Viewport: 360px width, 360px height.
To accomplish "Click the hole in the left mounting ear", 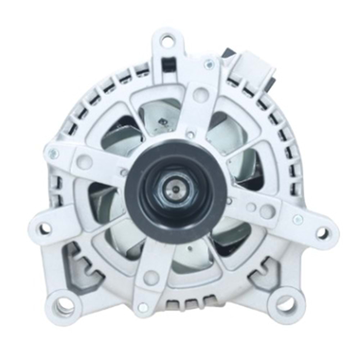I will (x=45, y=228).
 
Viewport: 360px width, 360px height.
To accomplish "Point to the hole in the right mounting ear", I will (x=321, y=233).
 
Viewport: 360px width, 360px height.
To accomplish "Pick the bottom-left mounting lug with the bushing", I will (x=63, y=307).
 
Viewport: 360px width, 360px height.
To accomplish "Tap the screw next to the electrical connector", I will (x=209, y=65).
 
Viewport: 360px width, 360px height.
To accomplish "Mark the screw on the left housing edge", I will (x=54, y=154).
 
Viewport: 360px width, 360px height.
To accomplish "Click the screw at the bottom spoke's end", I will (x=143, y=307).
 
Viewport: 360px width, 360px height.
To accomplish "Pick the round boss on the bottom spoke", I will (x=151, y=278).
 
